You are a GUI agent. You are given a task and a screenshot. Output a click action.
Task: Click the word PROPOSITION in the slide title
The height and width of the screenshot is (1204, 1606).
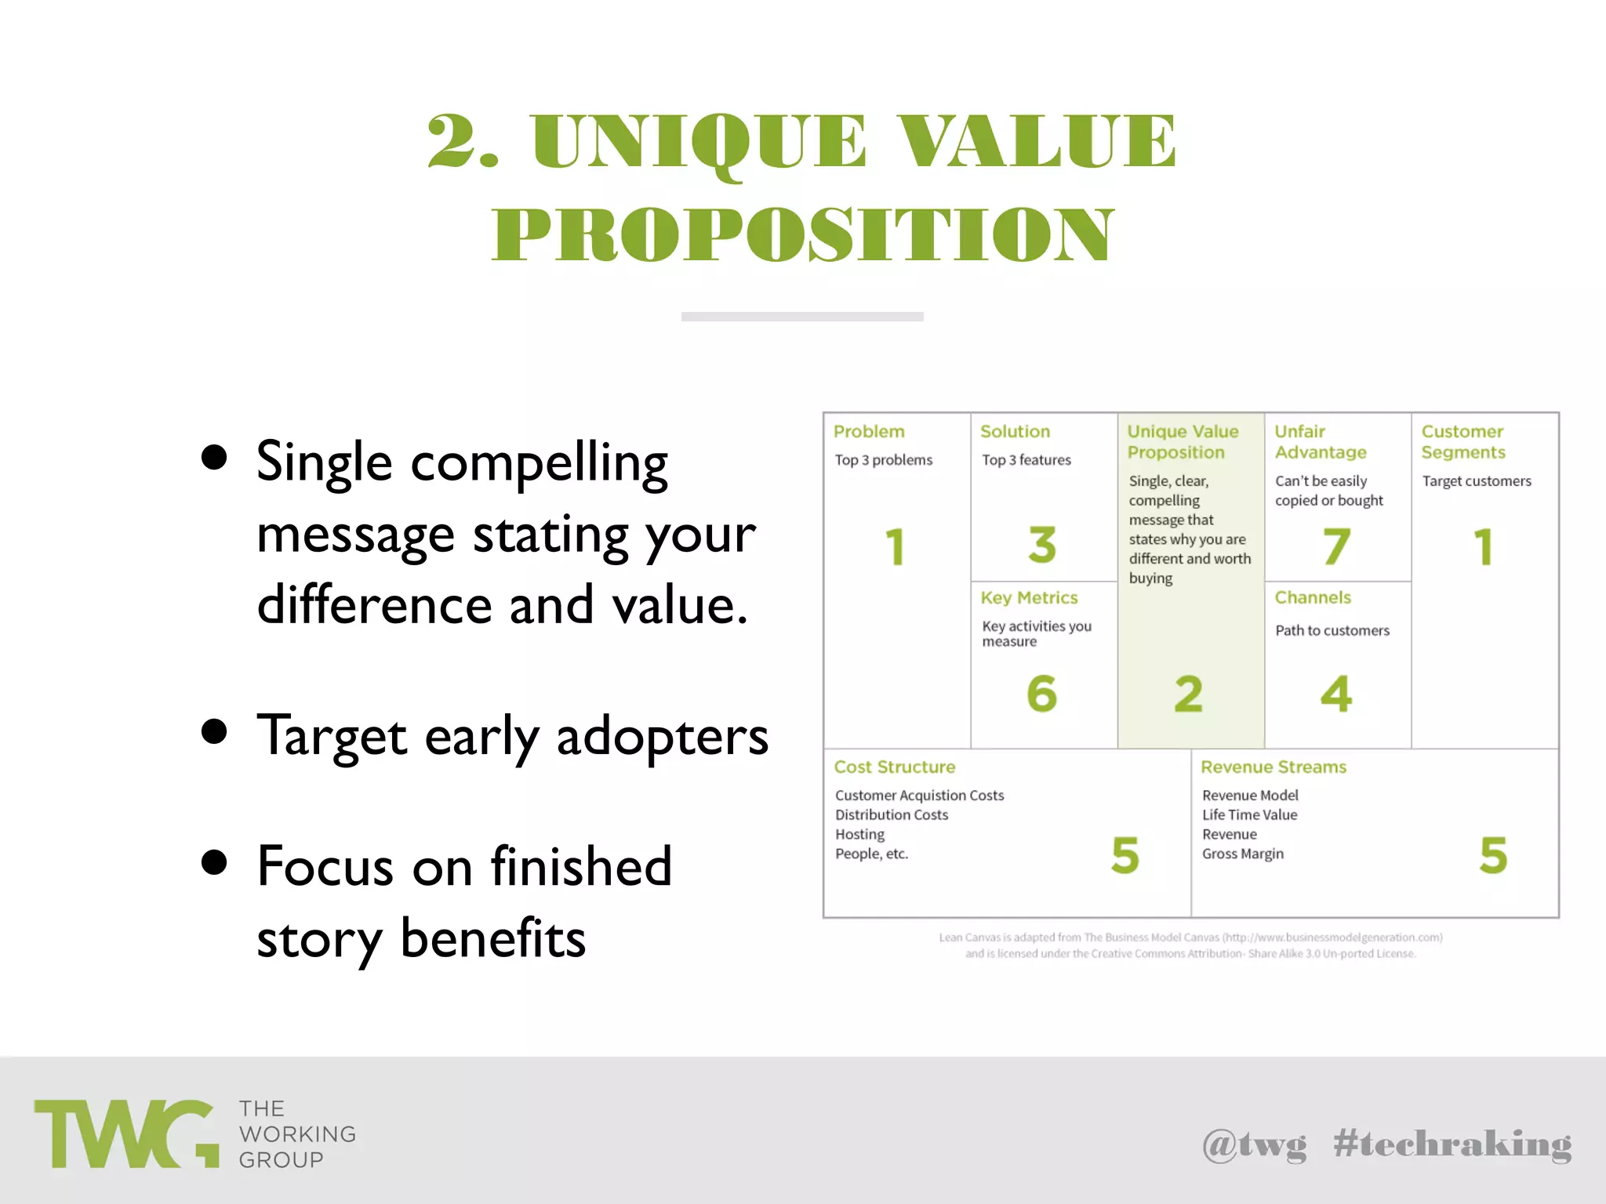coord(802,234)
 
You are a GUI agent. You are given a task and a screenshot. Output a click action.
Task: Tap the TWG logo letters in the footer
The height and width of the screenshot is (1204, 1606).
coord(125,1133)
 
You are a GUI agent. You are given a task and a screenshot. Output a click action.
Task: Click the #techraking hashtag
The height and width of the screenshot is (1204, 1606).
coord(1452,1145)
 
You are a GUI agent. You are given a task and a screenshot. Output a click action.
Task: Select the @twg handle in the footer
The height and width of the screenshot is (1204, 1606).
coord(1254,1145)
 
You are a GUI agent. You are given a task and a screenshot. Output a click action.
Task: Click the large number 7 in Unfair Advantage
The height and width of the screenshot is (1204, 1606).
coord(1336,546)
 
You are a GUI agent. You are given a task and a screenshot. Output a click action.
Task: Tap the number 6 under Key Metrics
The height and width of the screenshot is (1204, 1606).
coord(1041,694)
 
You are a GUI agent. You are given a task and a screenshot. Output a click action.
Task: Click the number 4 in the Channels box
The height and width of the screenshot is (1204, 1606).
coord(1336,694)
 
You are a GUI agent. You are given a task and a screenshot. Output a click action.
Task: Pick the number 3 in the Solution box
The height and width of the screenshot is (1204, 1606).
coord(1042,544)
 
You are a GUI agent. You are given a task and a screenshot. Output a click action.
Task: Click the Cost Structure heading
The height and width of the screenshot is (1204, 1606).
coord(894,767)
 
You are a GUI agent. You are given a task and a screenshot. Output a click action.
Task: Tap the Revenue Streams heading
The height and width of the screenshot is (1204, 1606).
coord(1273,767)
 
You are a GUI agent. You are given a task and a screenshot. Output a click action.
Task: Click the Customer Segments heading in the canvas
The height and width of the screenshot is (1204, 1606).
coord(1462,442)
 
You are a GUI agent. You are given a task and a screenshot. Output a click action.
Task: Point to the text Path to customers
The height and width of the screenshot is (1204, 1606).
coord(1332,630)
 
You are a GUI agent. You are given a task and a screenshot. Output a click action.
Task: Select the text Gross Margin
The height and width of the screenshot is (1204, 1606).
coord(1242,854)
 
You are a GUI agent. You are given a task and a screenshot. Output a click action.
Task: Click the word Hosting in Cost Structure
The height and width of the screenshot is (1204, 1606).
coord(859,834)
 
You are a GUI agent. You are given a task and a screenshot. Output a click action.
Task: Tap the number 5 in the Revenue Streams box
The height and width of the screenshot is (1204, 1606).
coord(1493,854)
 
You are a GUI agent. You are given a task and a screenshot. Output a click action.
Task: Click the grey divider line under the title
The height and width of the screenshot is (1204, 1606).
coord(802,317)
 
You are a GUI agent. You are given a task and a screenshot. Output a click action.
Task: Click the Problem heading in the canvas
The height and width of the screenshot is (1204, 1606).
coord(868,432)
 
